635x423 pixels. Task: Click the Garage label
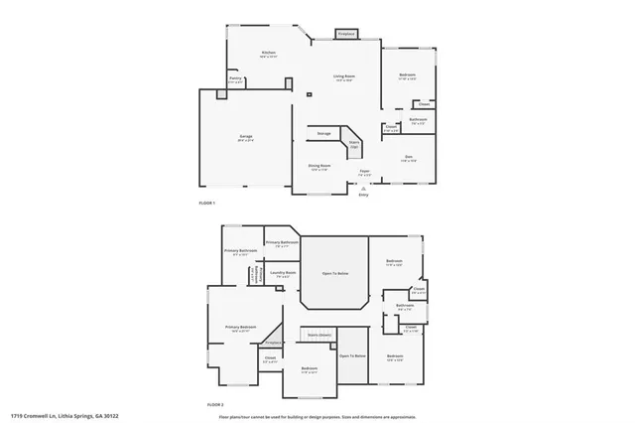[x=245, y=137]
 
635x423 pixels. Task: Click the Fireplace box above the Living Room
[x=345, y=34]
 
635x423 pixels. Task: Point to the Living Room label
[x=344, y=76]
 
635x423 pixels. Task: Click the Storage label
[x=323, y=133]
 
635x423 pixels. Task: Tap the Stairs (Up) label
[x=353, y=144]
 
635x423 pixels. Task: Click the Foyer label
[x=364, y=172]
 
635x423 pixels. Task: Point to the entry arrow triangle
[x=363, y=188]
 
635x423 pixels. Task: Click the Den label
[x=408, y=157]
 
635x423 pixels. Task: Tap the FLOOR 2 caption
[x=215, y=405]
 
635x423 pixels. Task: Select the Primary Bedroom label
[x=240, y=327]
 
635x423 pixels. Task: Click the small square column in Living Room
[x=309, y=95]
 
